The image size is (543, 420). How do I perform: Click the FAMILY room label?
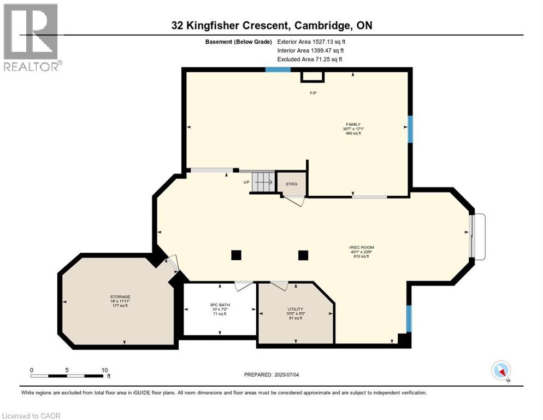coord(353,124)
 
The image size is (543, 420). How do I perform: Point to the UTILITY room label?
coord(296,309)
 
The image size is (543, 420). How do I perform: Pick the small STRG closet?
coord(291,184)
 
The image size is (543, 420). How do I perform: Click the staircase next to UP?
coord(263,182)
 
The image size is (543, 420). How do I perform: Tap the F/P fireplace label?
coord(313,93)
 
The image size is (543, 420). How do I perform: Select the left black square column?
coord(236,255)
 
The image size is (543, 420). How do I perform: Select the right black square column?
coord(303,255)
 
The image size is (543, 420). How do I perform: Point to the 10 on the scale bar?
coord(104,370)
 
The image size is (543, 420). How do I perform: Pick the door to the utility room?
coord(279,285)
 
